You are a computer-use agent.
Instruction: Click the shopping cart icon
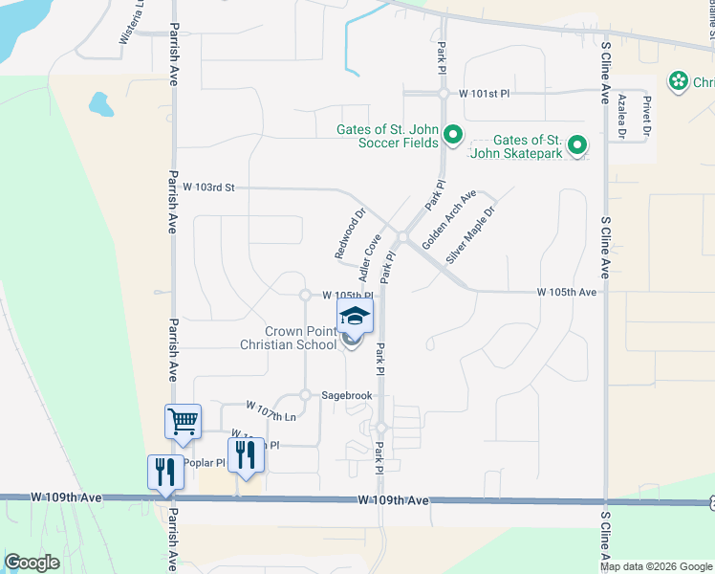(x=183, y=421)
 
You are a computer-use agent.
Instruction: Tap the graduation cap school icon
(x=355, y=315)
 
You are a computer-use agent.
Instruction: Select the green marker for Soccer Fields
(x=454, y=136)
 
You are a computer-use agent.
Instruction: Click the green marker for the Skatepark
(x=576, y=145)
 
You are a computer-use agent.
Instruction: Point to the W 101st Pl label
(x=486, y=94)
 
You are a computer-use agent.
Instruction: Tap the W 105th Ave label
(x=566, y=291)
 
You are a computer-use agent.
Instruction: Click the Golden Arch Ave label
(x=448, y=219)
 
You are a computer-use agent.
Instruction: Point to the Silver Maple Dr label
(x=470, y=234)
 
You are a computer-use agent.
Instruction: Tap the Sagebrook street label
(x=345, y=394)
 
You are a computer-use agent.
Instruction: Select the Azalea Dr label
(x=621, y=117)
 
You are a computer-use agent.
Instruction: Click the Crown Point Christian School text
(x=288, y=338)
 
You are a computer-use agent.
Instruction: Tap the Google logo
(x=32, y=563)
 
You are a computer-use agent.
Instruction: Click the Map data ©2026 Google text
(x=655, y=566)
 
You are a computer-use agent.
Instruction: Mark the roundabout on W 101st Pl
(x=443, y=94)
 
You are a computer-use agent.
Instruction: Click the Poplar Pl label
(x=203, y=463)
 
